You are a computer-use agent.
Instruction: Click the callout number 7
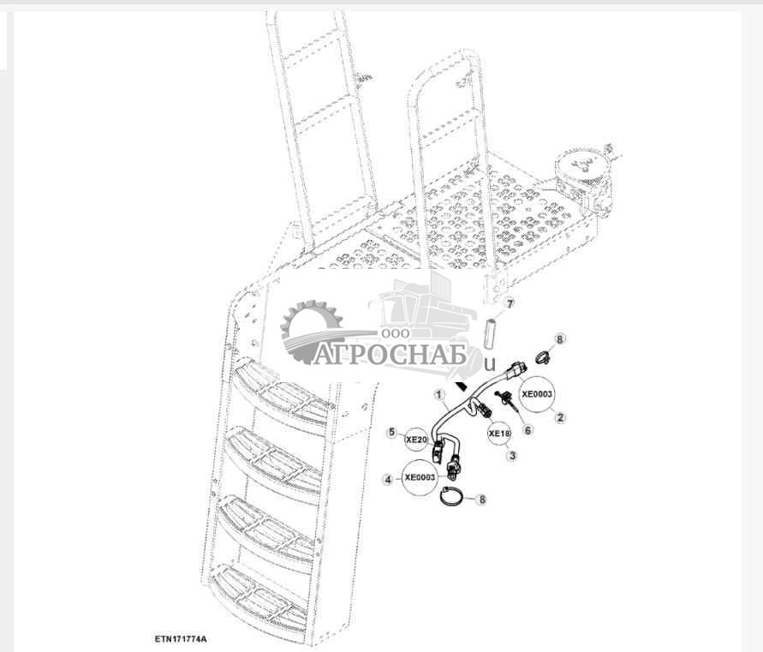point(508,304)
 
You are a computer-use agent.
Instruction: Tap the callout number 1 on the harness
point(440,396)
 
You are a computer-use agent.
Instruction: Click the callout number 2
point(561,417)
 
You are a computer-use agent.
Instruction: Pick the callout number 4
point(389,481)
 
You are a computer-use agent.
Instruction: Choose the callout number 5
point(391,433)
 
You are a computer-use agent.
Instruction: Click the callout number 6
point(528,430)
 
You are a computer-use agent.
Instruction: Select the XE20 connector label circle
point(417,440)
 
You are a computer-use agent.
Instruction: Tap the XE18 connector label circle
point(499,434)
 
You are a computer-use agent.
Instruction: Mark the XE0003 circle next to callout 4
point(420,477)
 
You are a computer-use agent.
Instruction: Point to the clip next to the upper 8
point(540,356)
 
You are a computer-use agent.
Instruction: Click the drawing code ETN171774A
point(182,639)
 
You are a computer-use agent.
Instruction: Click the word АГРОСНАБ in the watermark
point(390,355)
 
